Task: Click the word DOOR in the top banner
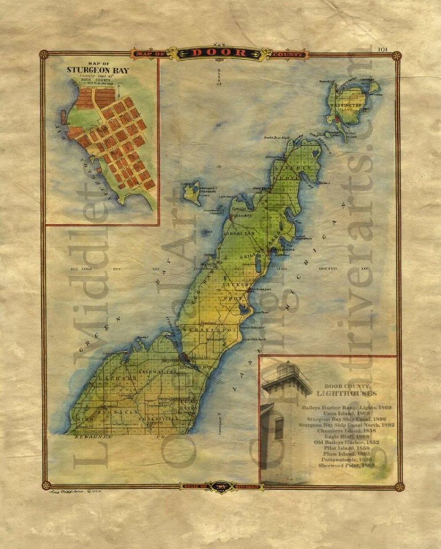219,53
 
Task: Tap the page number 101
382,49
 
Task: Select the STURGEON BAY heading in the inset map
98,70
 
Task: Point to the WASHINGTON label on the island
348,105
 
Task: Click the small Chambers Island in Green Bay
191,193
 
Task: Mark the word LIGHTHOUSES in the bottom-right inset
347,394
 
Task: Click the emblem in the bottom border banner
220,486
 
